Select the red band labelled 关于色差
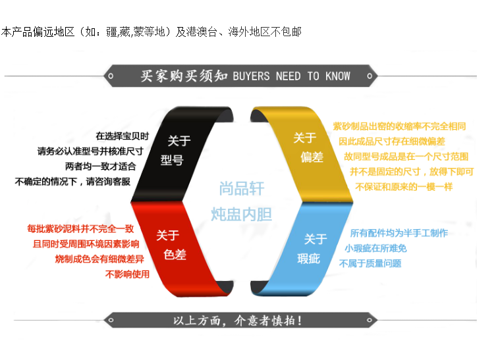173,245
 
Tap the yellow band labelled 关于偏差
307,147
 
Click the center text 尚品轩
242,190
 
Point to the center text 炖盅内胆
242,214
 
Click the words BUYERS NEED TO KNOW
291,76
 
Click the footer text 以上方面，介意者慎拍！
238,321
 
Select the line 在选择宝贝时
123,136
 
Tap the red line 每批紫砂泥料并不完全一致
80,230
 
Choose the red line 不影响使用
128,274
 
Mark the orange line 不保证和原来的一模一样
404,186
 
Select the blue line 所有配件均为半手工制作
399,233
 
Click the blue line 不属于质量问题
370,263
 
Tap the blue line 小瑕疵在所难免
375,248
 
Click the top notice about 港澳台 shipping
151,32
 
